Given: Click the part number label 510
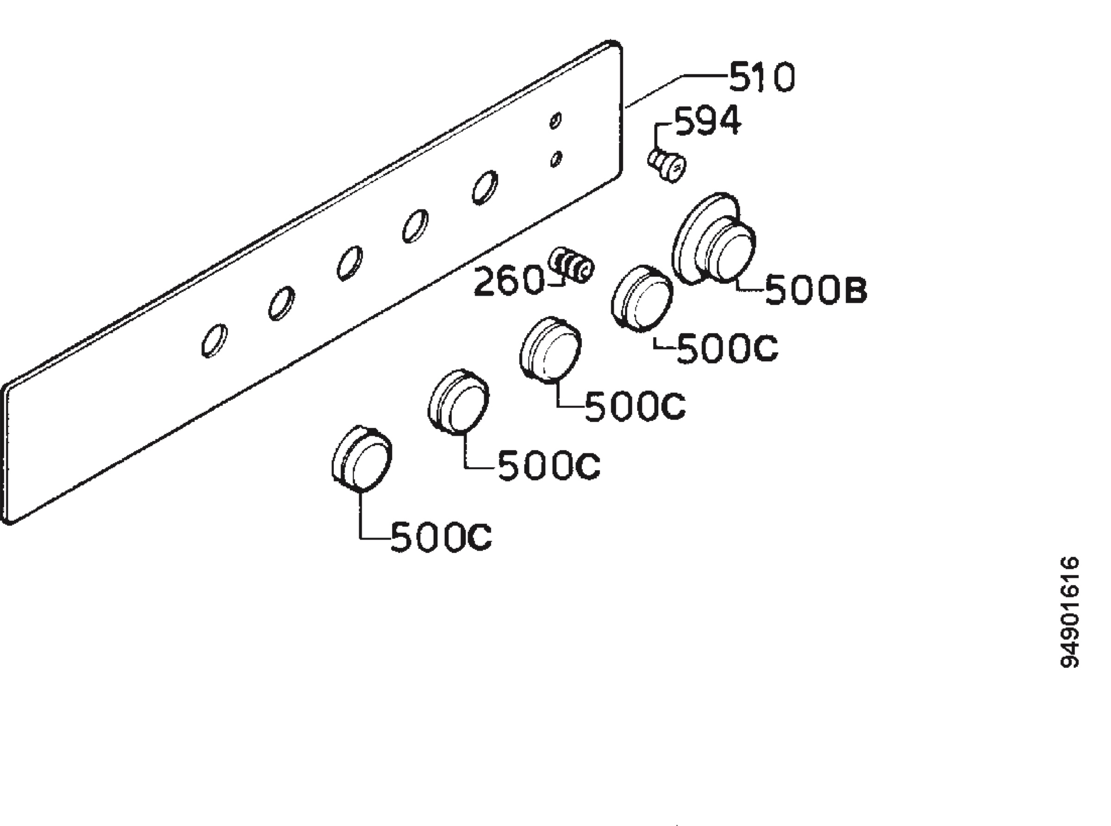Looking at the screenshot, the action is [x=761, y=77].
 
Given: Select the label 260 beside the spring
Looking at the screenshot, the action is [x=508, y=280].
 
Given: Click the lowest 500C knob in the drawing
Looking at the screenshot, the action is [x=362, y=459].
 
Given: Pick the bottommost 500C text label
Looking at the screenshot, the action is [x=441, y=538].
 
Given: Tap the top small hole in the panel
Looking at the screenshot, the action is [x=555, y=120].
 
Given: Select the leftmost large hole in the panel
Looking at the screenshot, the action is [x=214, y=341].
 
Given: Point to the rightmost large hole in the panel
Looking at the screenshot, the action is [x=485, y=187].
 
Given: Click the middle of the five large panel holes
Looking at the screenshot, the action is [x=350, y=263].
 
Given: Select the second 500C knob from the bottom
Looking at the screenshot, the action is [x=458, y=403].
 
